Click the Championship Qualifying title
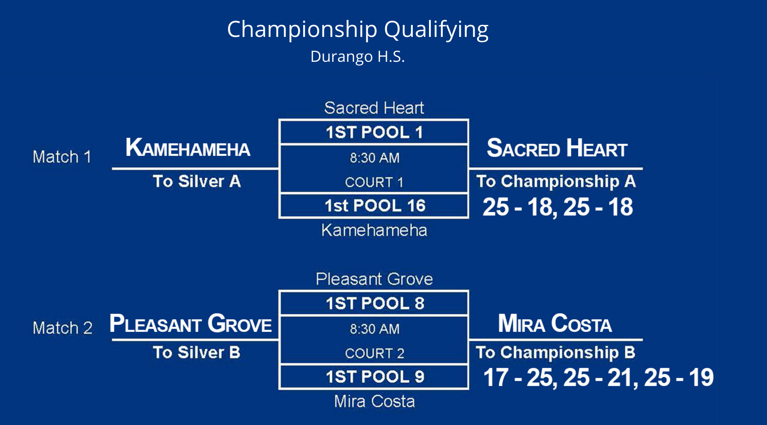point(358,30)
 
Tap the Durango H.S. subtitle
point(358,57)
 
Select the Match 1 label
point(62,157)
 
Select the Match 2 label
point(63,328)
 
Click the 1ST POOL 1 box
point(374,132)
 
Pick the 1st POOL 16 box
point(374,206)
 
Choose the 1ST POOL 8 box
point(374,303)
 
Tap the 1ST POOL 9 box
point(374,376)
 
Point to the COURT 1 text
point(374,182)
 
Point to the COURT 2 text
point(374,353)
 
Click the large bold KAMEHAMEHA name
point(188,148)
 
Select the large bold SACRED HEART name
point(557,148)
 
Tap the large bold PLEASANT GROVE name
point(191,323)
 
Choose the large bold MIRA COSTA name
point(555,323)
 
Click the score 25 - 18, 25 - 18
point(558,207)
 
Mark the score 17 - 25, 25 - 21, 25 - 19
point(599,378)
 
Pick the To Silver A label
point(197,181)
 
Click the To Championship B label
point(556,352)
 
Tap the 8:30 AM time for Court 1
point(374,158)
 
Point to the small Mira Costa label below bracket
point(374,401)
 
